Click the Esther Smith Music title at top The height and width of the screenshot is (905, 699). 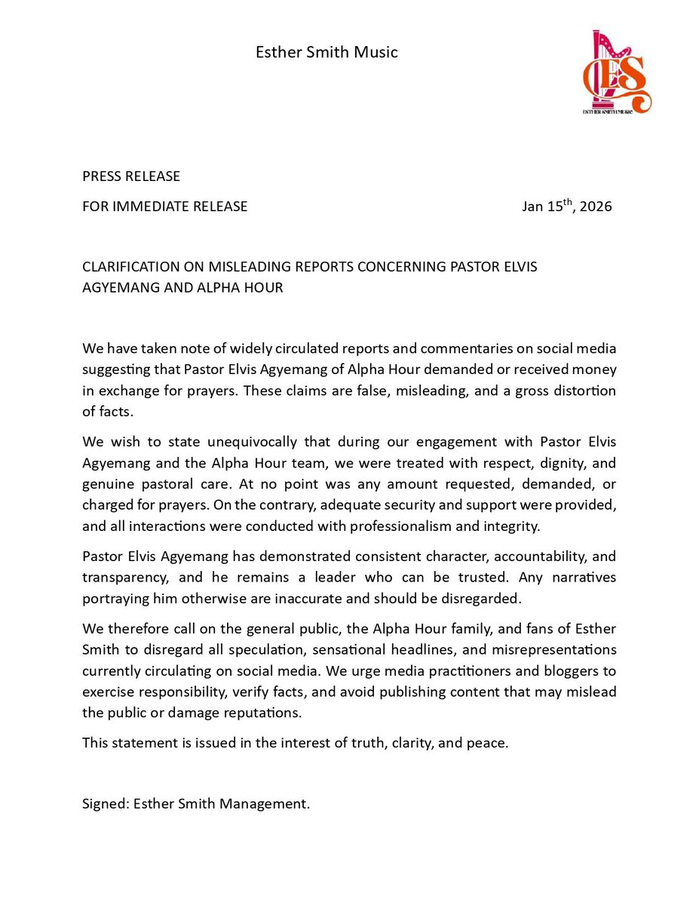tap(326, 52)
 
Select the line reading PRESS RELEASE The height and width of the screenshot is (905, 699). tap(131, 176)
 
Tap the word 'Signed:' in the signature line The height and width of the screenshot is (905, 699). tap(106, 804)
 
